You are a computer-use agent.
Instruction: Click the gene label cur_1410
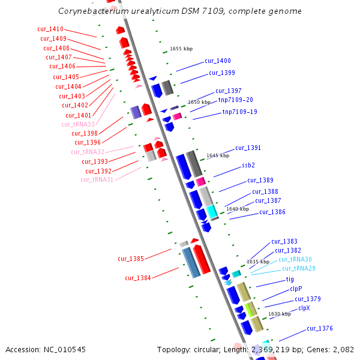click(x=50, y=29)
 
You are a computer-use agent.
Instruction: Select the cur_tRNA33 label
click(x=78, y=124)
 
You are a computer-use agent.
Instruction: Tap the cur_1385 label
click(x=131, y=259)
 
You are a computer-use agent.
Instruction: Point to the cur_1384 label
click(x=138, y=278)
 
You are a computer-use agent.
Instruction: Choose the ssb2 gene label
click(x=248, y=165)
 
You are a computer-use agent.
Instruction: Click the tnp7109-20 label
click(x=235, y=100)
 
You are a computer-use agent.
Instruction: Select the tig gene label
click(x=290, y=279)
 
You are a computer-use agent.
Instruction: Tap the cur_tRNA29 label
click(x=296, y=268)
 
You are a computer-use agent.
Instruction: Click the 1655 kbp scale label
click(x=181, y=49)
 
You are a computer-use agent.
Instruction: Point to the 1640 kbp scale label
click(x=237, y=209)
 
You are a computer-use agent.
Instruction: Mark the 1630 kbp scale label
click(x=279, y=314)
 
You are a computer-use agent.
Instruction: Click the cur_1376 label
click(x=319, y=328)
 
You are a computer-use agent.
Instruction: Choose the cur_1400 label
click(x=217, y=61)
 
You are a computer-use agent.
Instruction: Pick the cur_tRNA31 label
click(x=97, y=179)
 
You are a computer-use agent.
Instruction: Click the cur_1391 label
click(x=248, y=148)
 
